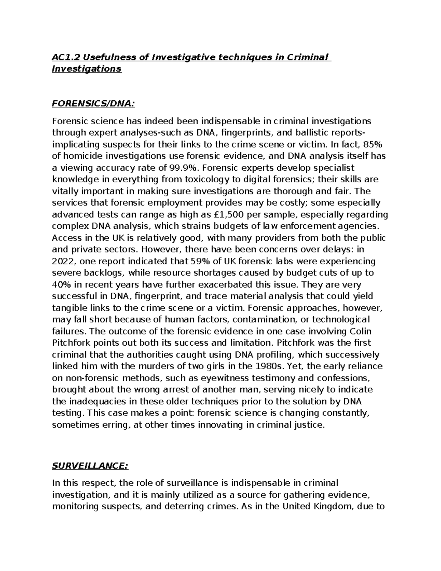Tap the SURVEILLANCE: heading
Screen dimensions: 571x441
pyautogui.click(x=90, y=466)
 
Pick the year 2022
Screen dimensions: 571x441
pyautogui.click(x=64, y=261)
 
